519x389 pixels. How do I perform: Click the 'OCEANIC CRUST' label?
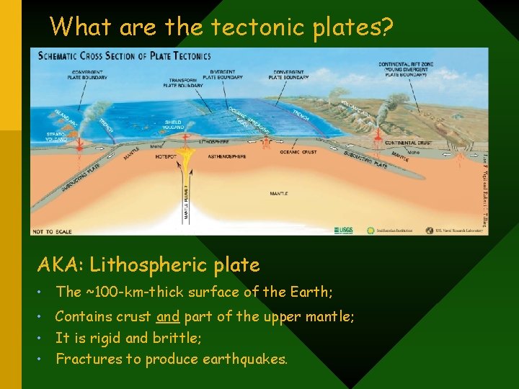pos(298,152)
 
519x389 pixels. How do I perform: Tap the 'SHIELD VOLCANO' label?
pos(174,125)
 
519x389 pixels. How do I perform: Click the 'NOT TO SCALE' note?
pos(51,231)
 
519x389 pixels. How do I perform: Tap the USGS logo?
pos(344,231)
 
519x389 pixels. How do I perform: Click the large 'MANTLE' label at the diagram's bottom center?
pos(279,194)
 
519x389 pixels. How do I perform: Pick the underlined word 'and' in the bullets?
pos(167,316)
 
